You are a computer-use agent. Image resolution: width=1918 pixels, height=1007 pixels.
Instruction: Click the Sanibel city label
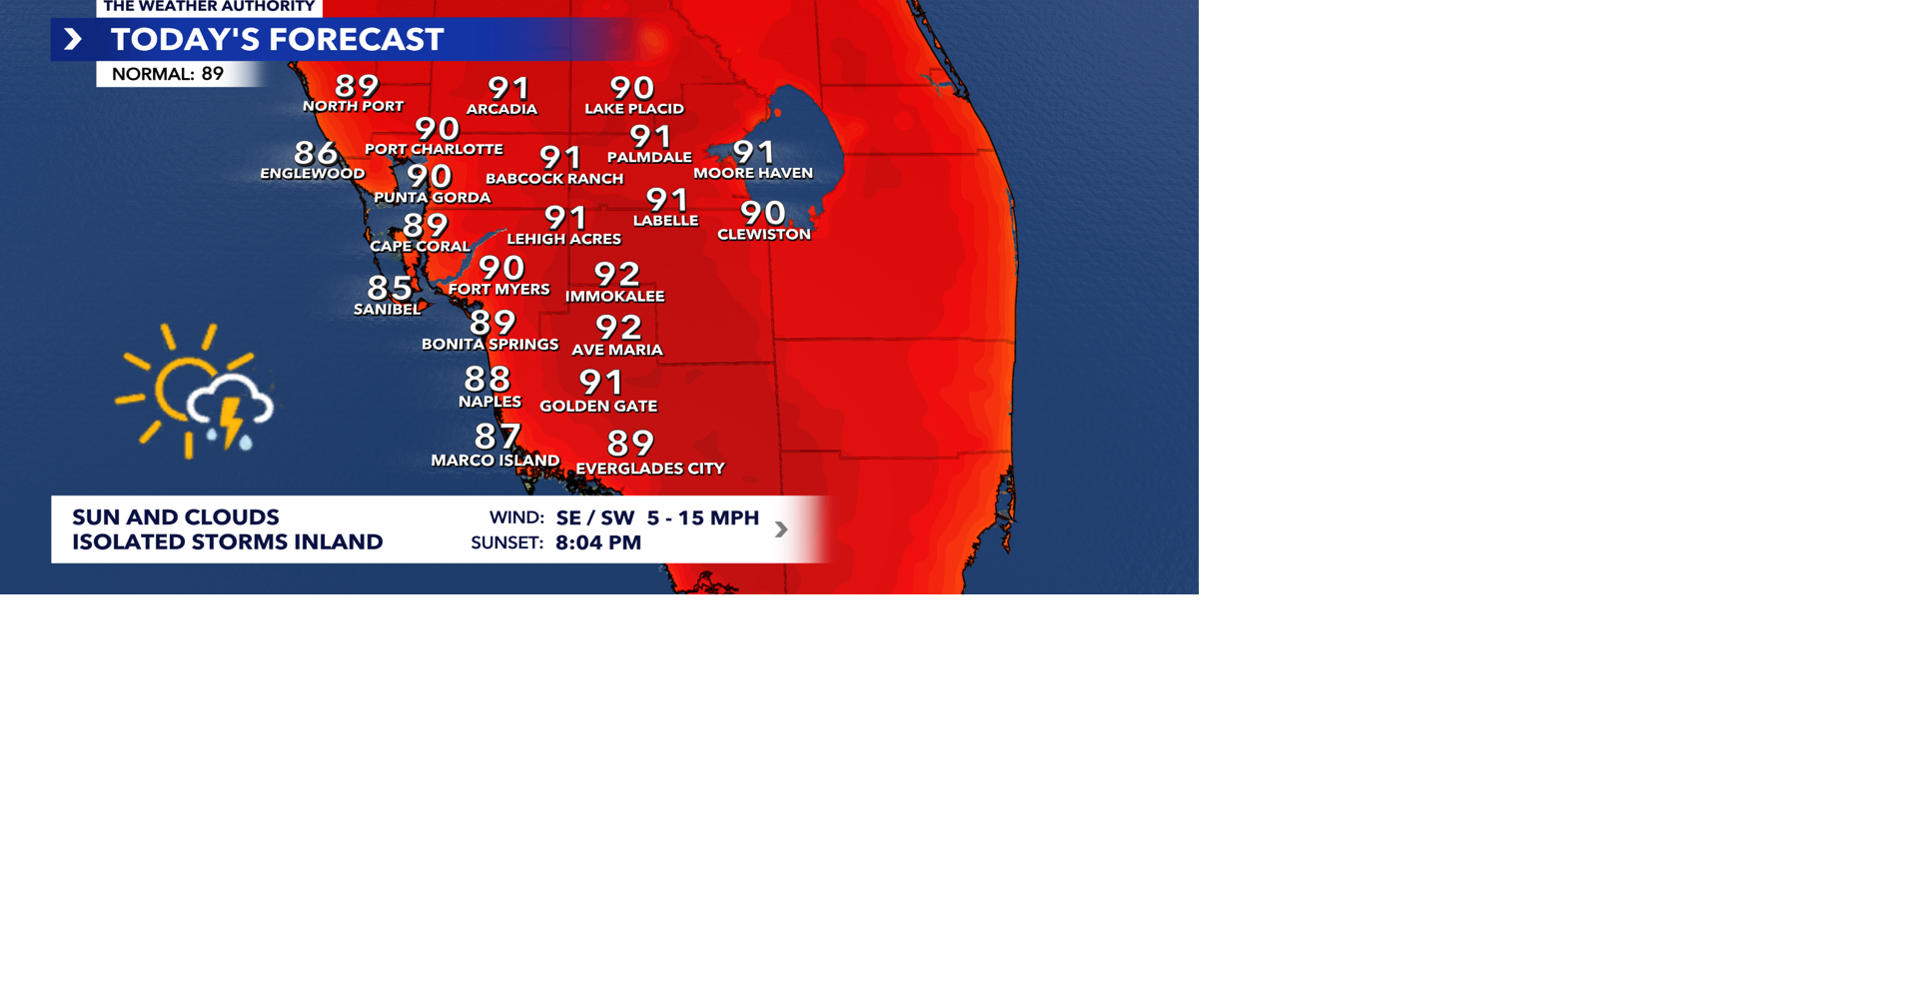point(387,310)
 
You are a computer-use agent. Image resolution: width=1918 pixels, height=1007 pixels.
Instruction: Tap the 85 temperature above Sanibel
point(390,288)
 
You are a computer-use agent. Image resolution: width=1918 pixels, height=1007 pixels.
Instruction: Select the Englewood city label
point(313,174)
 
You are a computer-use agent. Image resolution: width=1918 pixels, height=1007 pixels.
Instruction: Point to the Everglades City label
point(650,469)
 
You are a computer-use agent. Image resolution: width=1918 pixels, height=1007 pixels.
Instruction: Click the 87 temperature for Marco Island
point(497,437)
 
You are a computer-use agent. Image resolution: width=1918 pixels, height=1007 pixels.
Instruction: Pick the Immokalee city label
point(614,297)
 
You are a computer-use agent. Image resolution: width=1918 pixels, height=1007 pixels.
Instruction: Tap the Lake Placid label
point(634,109)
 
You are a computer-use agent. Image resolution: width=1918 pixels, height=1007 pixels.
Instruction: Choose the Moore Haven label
point(753,174)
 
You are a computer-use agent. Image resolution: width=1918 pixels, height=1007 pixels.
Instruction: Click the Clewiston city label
point(764,235)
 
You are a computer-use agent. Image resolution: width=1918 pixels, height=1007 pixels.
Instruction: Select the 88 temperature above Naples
point(487,379)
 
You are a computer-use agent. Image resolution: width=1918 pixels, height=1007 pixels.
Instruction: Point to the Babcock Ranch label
point(554,179)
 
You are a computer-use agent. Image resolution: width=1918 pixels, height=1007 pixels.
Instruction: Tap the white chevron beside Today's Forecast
point(73,40)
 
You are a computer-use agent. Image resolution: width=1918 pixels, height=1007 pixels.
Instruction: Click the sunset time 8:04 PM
point(598,543)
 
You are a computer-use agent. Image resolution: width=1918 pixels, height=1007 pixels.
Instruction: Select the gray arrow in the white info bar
point(781,529)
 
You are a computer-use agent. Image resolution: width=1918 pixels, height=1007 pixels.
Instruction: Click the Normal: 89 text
point(168,74)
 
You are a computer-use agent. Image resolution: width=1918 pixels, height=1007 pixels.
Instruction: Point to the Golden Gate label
point(598,407)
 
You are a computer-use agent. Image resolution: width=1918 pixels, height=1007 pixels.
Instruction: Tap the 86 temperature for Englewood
point(316,153)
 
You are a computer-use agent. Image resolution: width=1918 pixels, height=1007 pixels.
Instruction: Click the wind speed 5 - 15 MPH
point(703,518)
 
